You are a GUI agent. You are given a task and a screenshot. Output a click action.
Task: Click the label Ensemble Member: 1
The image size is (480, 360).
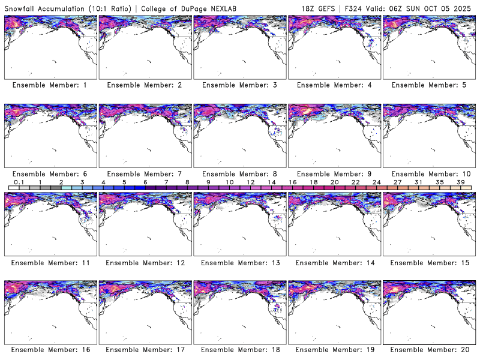[50, 85]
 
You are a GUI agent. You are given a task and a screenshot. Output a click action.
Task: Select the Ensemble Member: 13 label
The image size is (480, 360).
[239, 262]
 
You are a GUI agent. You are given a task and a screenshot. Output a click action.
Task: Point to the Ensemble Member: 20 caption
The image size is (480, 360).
[429, 350]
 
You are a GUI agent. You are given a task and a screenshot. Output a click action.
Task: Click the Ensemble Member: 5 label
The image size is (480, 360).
[429, 85]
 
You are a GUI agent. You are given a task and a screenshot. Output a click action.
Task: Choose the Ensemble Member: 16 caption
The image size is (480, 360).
[50, 350]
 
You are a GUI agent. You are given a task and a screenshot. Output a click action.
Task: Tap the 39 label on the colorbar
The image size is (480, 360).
[461, 182]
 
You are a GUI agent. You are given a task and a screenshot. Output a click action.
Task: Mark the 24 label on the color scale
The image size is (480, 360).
[377, 182]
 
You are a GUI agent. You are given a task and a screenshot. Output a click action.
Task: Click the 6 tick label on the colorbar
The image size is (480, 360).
[145, 182]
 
